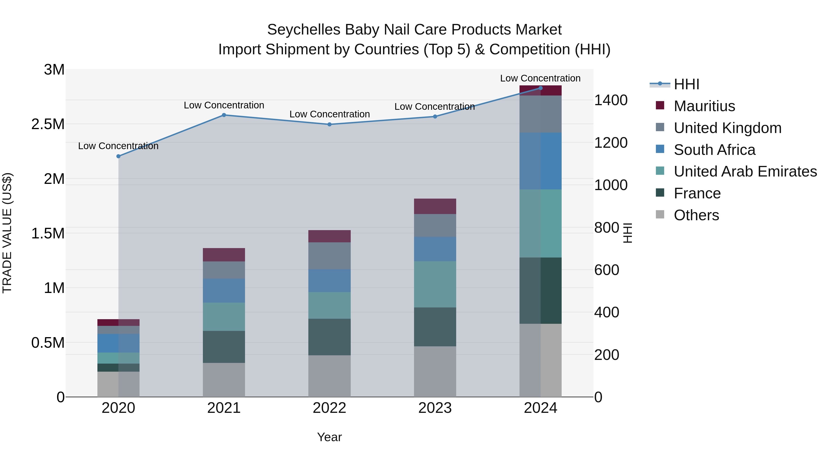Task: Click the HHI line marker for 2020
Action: click(118, 156)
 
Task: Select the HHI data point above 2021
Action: click(224, 115)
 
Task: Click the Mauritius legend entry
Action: click(704, 106)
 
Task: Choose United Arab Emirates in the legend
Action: click(745, 171)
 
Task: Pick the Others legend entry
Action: click(696, 215)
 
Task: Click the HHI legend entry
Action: click(686, 84)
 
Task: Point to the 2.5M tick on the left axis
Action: click(48, 124)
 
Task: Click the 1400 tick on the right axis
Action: click(610, 100)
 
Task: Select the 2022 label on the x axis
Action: click(329, 408)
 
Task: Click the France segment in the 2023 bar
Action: click(435, 327)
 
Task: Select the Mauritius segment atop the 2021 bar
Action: click(224, 255)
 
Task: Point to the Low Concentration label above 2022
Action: click(329, 114)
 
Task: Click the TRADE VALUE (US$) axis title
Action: click(7, 233)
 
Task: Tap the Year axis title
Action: click(329, 437)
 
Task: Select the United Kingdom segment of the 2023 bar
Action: click(435, 226)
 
